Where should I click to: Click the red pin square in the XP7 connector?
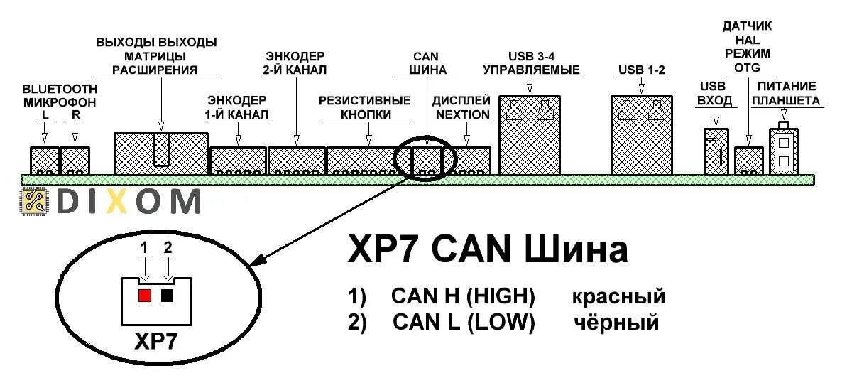tap(145, 295)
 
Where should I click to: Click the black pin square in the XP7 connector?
tap(168, 295)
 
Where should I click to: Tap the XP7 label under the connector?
tap(156, 342)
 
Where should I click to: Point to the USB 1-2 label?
tap(640, 70)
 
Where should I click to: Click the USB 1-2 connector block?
tap(640, 135)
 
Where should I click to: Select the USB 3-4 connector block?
tap(530, 135)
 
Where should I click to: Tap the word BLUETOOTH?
tap(60, 90)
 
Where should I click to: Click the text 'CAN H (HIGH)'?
tap(462, 296)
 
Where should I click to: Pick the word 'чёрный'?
tap(616, 323)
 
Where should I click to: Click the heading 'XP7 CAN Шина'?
tap(488, 250)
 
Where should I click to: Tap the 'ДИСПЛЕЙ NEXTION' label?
tap(461, 107)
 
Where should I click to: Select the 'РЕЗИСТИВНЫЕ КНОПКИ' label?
tap(364, 107)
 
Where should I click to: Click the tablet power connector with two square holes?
tap(783, 151)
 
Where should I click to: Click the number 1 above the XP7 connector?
tap(144, 247)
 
